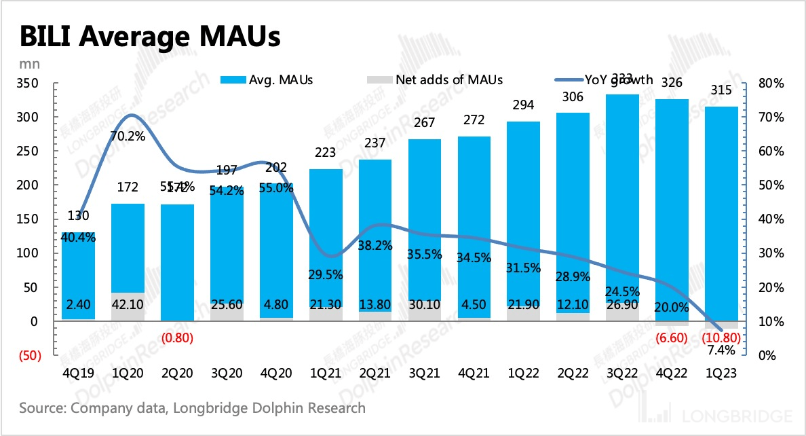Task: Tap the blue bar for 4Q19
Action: pos(78,272)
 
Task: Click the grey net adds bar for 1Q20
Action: pos(127,306)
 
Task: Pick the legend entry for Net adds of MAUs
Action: pos(435,79)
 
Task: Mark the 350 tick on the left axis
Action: pos(31,84)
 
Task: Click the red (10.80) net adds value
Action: pos(721,338)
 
